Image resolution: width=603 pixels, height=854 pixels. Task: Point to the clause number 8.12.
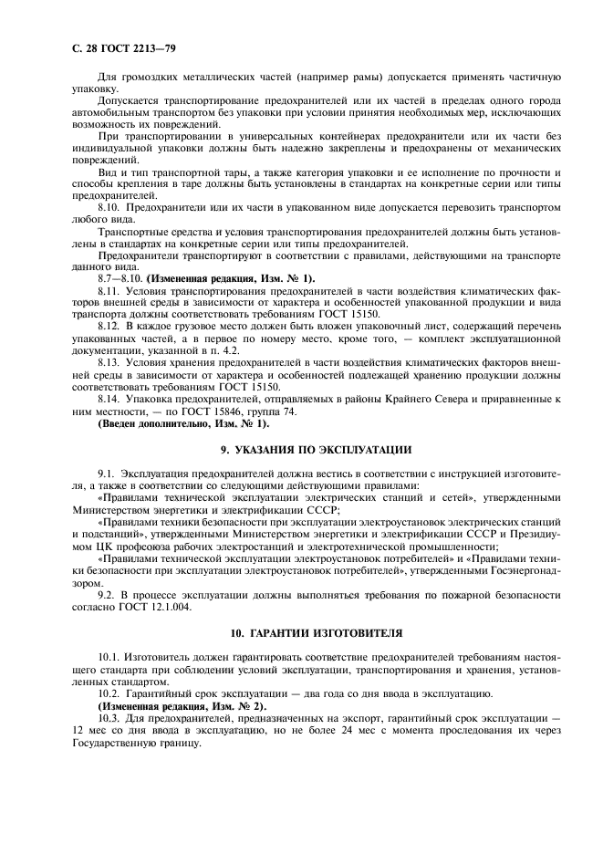pos(109,325)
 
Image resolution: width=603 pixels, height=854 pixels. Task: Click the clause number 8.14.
pos(109,399)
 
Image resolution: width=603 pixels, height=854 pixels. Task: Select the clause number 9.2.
pos(107,593)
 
